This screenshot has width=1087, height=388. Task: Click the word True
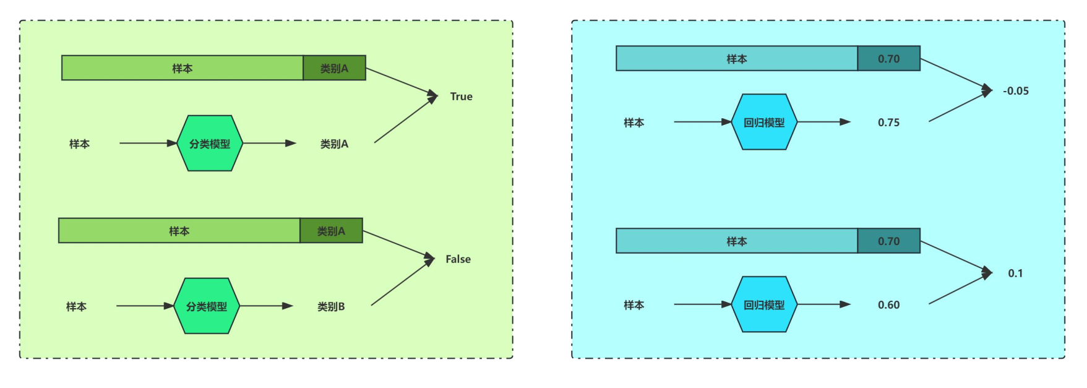tap(461, 97)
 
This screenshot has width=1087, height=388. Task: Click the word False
tap(458, 259)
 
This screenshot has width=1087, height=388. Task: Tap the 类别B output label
tap(331, 306)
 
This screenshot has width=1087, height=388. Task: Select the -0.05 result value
tap(1015, 91)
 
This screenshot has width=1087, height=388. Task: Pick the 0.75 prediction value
tap(888, 123)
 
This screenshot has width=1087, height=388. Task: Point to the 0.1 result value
tap(1015, 274)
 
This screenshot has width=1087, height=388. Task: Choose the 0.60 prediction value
tap(888, 305)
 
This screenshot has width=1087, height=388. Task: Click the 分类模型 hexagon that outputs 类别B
tap(207, 306)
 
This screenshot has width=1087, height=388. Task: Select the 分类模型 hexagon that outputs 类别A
tap(210, 144)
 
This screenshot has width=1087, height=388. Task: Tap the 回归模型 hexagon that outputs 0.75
tap(764, 122)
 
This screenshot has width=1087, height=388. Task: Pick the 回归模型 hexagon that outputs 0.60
tap(764, 304)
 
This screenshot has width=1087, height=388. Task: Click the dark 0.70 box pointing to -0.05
tap(888, 59)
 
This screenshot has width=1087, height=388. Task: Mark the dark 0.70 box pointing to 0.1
tap(888, 241)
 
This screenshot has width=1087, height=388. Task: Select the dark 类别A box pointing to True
tap(334, 68)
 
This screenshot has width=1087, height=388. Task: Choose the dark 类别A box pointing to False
tap(331, 231)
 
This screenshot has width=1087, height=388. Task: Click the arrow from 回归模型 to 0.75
tap(823, 122)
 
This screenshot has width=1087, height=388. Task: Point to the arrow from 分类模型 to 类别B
tap(266, 306)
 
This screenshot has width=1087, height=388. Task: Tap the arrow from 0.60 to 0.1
tap(960, 288)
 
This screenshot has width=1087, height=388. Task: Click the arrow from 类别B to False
tap(402, 282)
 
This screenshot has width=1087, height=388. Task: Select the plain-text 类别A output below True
tap(334, 144)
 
